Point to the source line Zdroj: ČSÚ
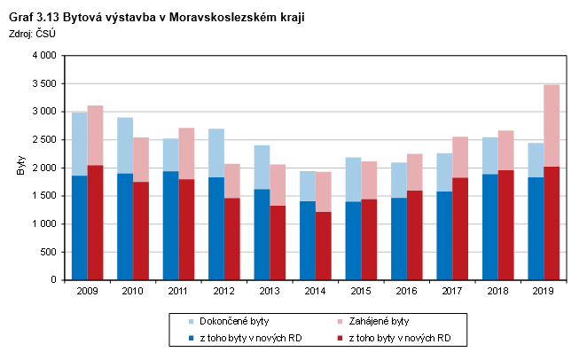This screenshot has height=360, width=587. pyautogui.click(x=32, y=34)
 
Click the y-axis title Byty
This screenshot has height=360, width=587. pyautogui.click(x=20, y=168)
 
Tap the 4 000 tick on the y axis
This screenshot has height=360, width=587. pyautogui.click(x=43, y=56)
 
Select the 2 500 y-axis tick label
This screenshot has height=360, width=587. pyautogui.click(x=43, y=140)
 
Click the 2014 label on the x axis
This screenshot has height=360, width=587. pyautogui.click(x=315, y=290)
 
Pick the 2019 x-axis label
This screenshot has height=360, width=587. pyautogui.click(x=543, y=290)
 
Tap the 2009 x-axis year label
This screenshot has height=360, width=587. pyautogui.click(x=87, y=290)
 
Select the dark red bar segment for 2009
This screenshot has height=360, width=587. pyautogui.click(x=95, y=223)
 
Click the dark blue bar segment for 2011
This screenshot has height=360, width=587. pyautogui.click(x=170, y=225)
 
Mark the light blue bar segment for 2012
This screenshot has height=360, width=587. pyautogui.click(x=216, y=153)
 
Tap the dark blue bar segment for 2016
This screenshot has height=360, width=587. pyautogui.click(x=398, y=239)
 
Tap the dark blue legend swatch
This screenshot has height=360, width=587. pyautogui.click(x=180, y=338)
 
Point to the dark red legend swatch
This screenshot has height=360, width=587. pyautogui.click(x=340, y=338)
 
